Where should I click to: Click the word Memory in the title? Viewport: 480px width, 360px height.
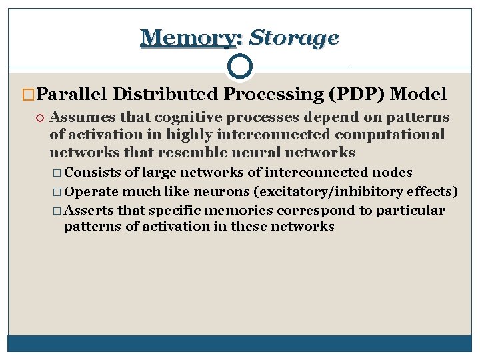tap(187, 37)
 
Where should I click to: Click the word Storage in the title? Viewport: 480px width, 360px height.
tap(293, 37)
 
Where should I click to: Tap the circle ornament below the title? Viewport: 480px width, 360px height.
tap(239, 66)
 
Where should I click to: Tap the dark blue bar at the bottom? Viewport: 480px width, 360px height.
tap(239, 343)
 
